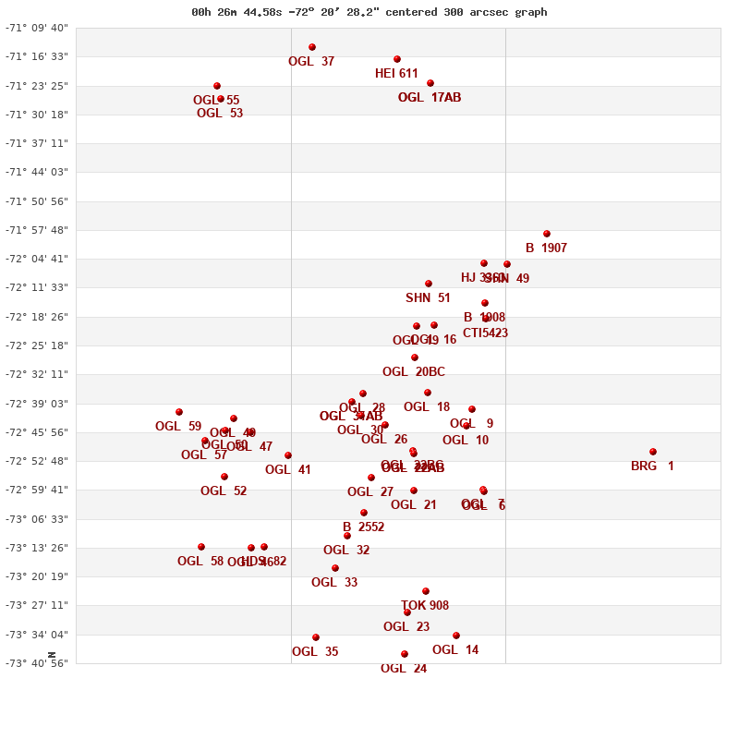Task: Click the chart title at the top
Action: (x=369, y=12)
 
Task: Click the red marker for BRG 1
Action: (x=653, y=452)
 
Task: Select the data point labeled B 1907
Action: (x=547, y=234)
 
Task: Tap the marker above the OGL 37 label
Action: (x=312, y=47)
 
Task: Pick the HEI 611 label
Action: (x=396, y=74)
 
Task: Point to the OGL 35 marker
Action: (x=316, y=637)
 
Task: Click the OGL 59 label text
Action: (x=178, y=427)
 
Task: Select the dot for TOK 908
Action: (x=426, y=591)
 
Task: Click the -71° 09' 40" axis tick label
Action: (x=37, y=28)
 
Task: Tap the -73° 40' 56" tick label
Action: (x=37, y=663)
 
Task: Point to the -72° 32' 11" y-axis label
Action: (x=37, y=374)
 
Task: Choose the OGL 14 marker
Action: (x=456, y=636)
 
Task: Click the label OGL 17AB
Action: (x=430, y=98)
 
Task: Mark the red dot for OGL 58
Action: (x=201, y=547)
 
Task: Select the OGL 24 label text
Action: (x=404, y=669)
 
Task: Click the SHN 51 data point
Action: (x=429, y=284)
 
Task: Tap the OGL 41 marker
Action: (x=288, y=455)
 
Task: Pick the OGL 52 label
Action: (x=224, y=491)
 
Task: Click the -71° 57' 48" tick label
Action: (x=37, y=230)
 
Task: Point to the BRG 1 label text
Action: (x=652, y=466)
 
